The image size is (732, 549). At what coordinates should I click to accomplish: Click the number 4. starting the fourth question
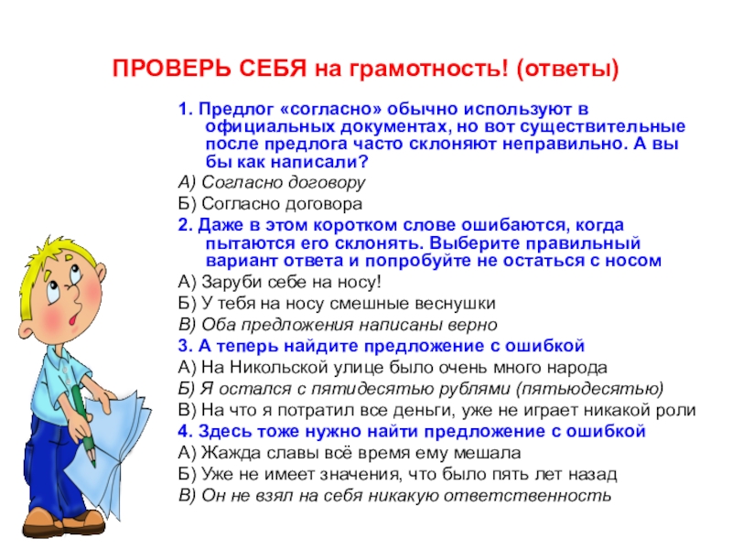[x=183, y=430]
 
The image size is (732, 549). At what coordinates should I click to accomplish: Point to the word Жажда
[x=225, y=452]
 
